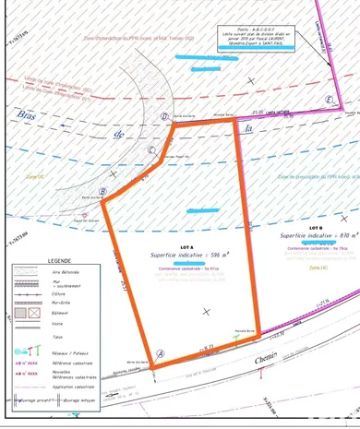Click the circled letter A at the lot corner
[162, 353]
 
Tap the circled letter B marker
[104, 192]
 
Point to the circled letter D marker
[163, 117]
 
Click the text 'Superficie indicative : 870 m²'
[319, 235]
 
